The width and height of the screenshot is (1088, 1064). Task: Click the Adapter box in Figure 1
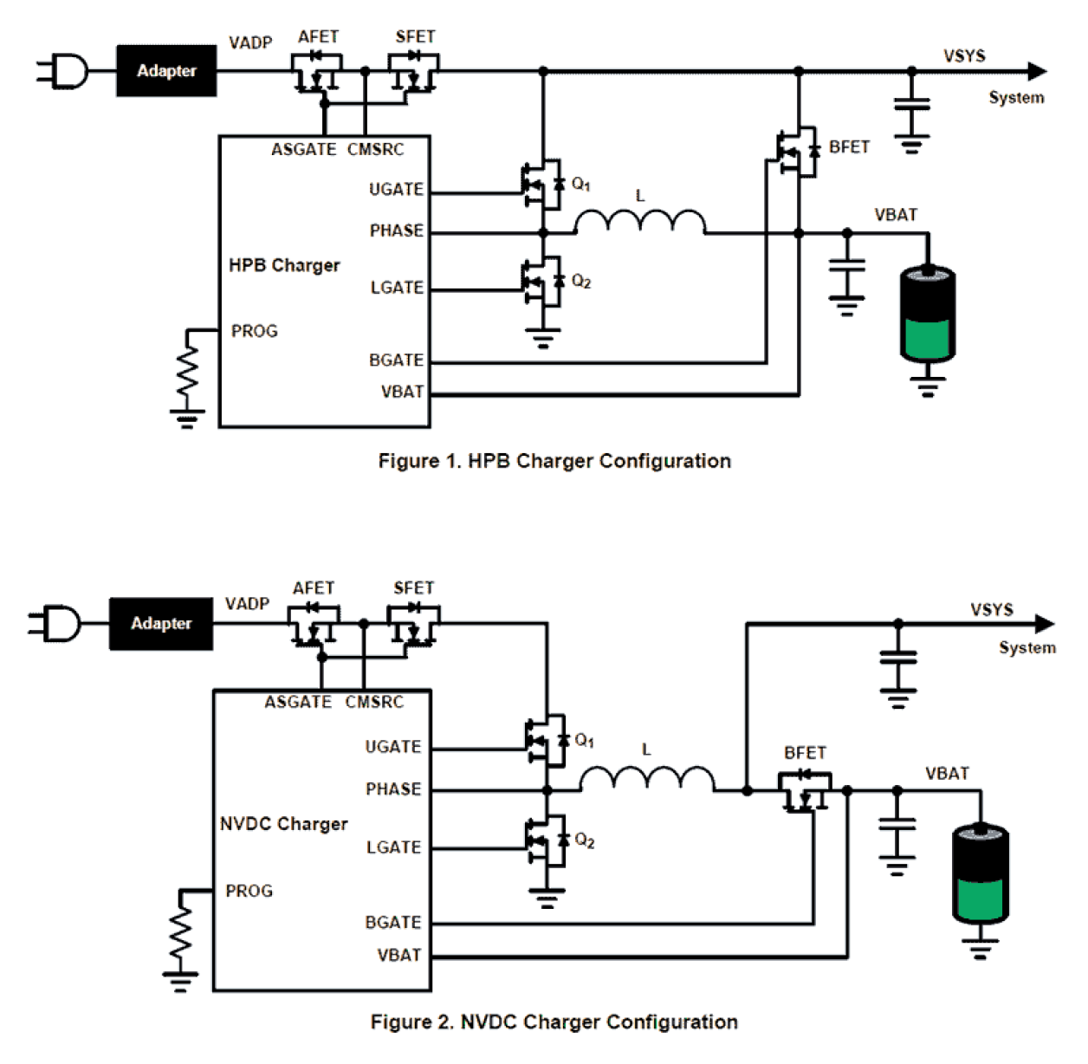pos(166,71)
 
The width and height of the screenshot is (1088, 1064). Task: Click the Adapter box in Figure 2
pos(161,623)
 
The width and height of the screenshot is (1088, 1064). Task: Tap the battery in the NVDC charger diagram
pos(980,873)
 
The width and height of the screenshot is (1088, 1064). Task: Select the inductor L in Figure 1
pos(640,222)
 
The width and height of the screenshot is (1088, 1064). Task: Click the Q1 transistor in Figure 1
pos(543,185)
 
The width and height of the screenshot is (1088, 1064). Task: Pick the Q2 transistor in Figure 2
pos(547,840)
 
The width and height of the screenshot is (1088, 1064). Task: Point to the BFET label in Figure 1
pos(849,147)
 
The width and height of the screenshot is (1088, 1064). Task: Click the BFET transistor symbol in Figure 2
pos(805,790)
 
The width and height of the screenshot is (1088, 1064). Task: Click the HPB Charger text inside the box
pos(284,265)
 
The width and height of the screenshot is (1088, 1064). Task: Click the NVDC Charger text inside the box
pos(283,824)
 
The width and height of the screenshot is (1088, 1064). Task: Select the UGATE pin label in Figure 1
pos(396,190)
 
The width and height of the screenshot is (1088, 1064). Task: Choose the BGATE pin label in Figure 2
pos(393,923)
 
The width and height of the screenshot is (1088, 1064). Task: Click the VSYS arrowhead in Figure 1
pos(1037,71)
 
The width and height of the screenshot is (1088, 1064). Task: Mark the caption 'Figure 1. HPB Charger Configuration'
pos(554,461)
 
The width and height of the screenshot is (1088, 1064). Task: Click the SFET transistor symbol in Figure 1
pos(413,72)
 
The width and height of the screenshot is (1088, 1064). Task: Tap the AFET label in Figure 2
pos(314,588)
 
